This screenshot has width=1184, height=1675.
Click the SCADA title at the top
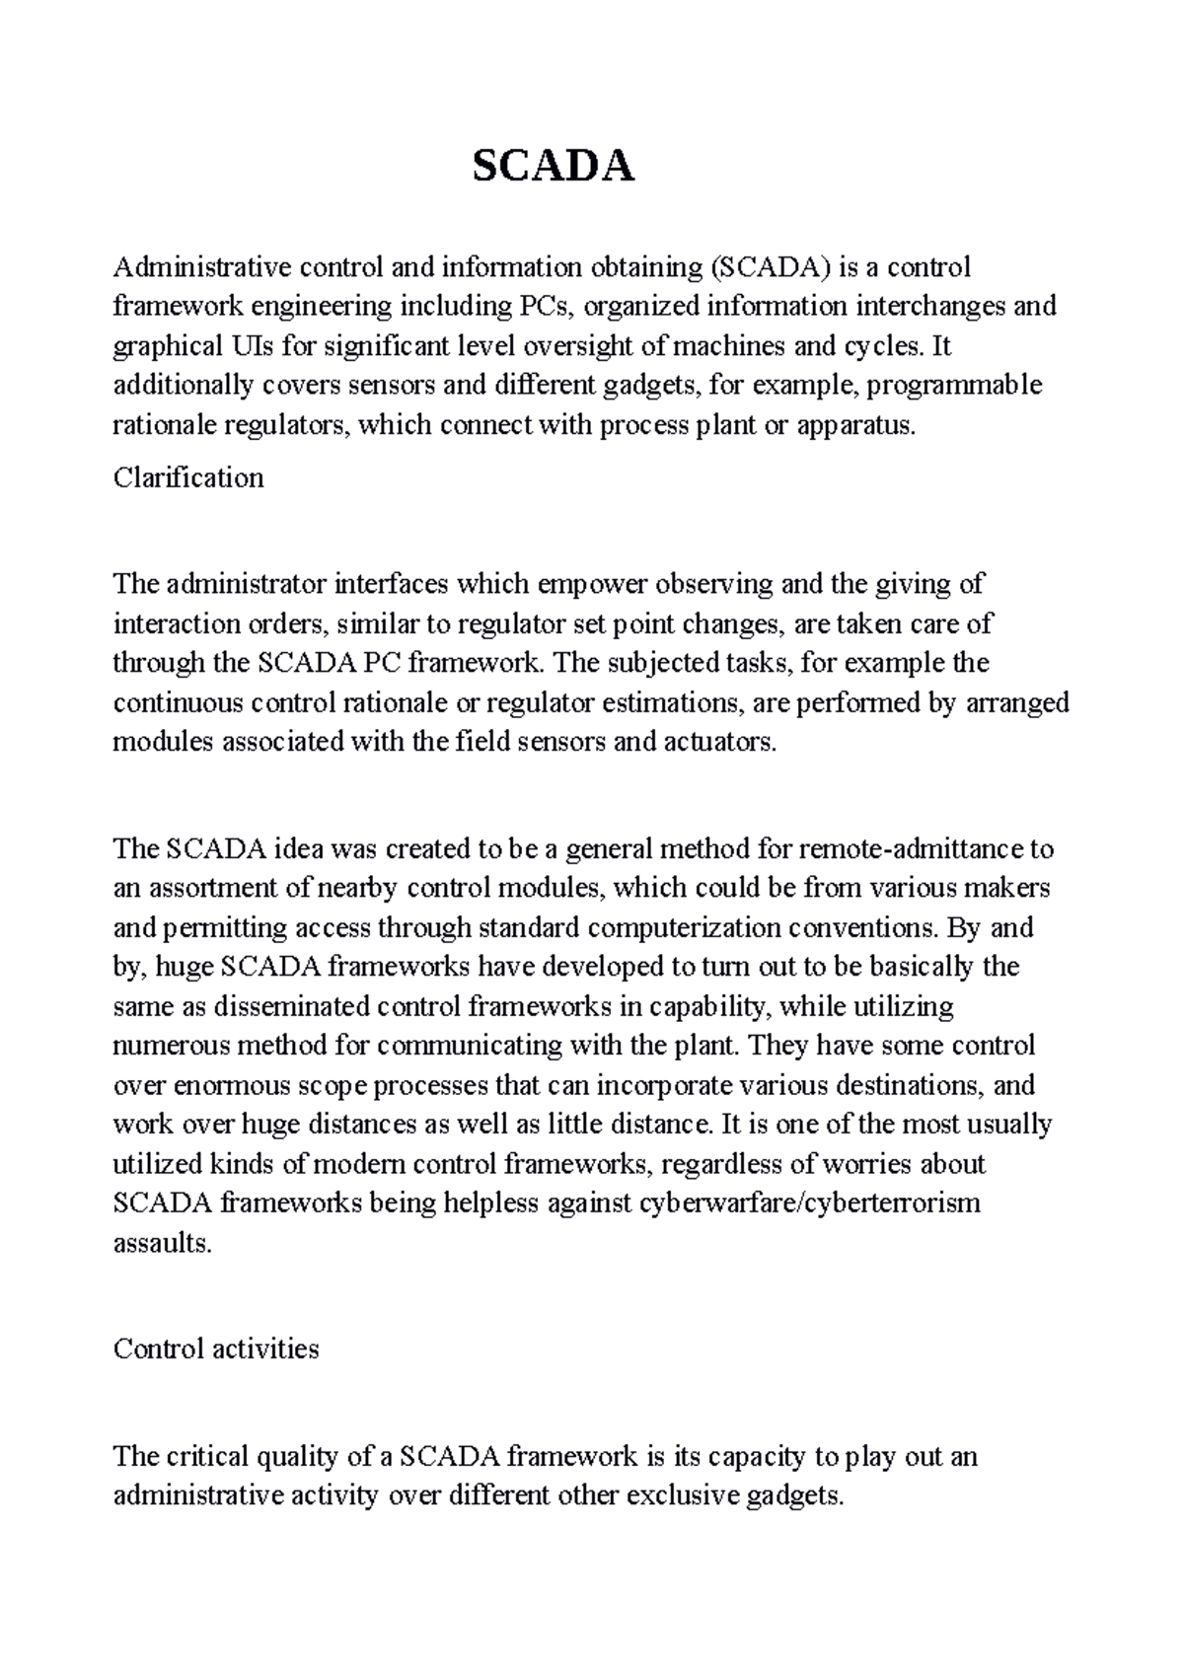point(554,168)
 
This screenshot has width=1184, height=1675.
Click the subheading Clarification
point(188,478)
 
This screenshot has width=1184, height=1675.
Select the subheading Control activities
point(216,1348)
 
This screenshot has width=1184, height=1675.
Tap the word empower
point(588,585)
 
